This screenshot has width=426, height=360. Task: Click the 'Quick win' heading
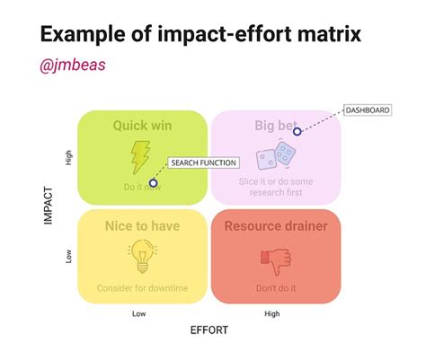142,126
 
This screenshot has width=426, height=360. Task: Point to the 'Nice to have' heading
142,226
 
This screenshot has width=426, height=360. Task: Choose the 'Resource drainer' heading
276,226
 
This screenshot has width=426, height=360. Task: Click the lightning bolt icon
141,157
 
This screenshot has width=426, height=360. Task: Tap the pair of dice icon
275,160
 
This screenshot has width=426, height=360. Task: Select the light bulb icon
141,257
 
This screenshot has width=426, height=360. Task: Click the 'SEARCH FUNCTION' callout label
203,163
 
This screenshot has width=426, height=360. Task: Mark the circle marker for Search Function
153,183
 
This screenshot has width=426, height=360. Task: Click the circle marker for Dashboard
297,131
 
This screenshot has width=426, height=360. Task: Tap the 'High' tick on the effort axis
271,313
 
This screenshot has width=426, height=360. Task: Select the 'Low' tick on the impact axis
69,257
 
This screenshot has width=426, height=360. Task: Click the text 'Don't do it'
276,288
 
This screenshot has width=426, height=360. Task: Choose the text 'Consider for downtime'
142,288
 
